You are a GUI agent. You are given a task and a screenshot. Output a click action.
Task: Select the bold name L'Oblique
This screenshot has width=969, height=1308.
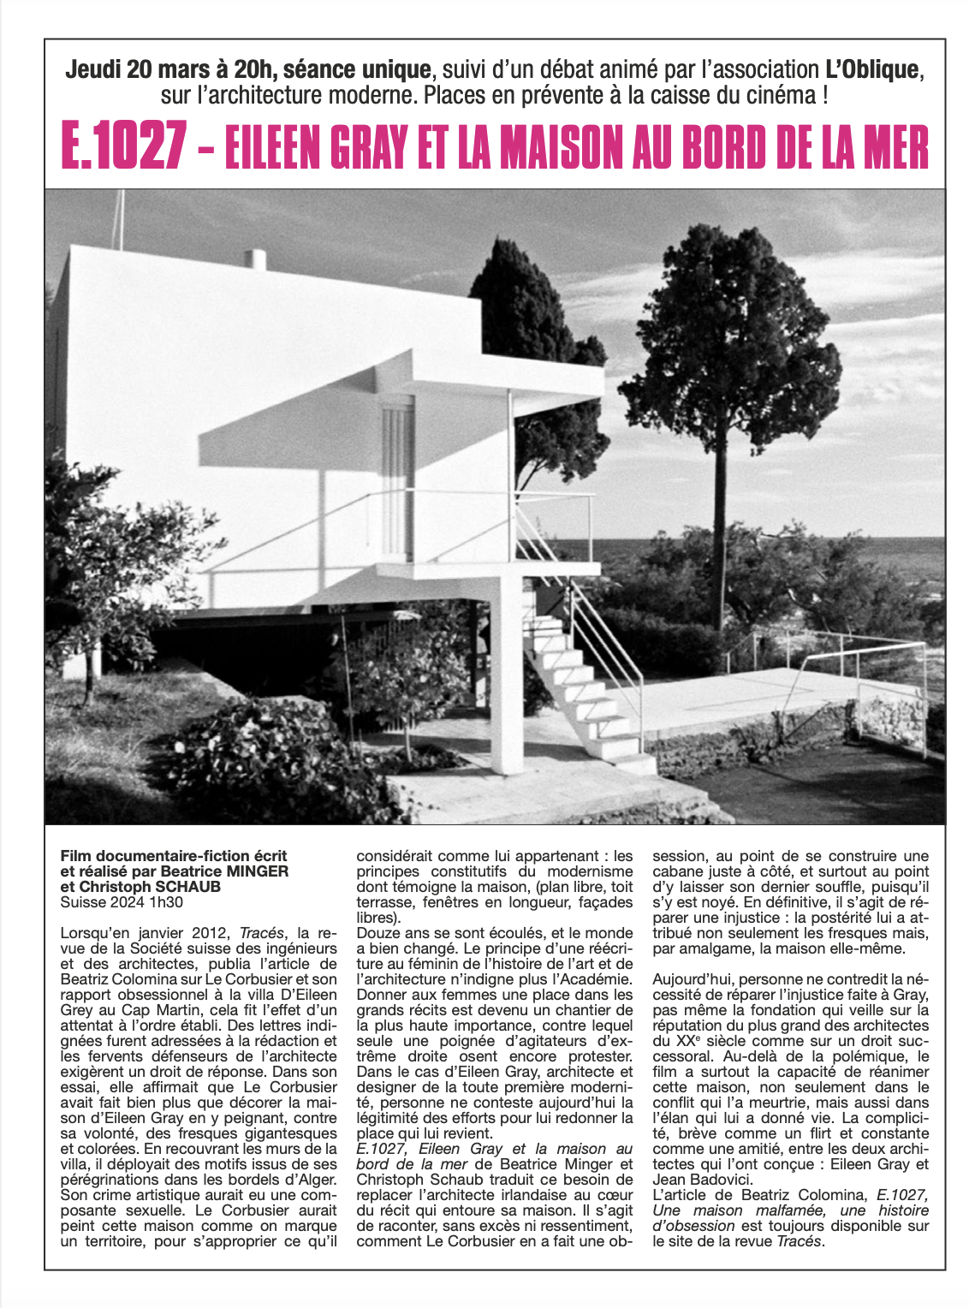873,69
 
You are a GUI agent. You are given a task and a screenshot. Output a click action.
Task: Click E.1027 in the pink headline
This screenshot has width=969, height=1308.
123,148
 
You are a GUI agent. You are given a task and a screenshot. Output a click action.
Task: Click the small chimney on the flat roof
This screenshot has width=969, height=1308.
255,258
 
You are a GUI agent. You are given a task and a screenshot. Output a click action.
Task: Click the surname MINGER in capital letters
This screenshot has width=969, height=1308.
256,871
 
